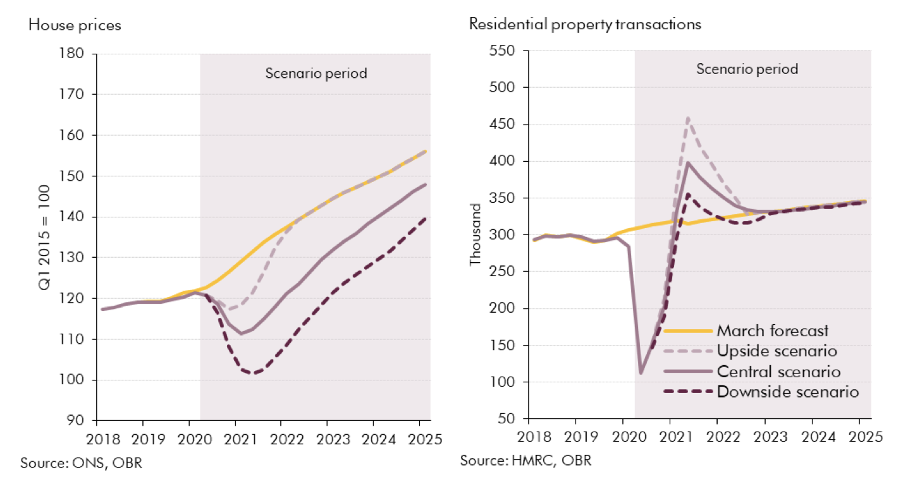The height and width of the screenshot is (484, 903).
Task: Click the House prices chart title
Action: pos(75,26)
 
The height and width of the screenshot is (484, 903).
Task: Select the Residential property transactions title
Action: pos(585,25)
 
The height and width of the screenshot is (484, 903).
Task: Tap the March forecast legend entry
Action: pos(772,330)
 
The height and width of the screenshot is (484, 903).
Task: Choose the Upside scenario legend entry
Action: pos(777,351)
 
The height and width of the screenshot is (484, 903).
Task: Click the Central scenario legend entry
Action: pos(778,371)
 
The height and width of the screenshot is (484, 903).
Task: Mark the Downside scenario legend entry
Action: pos(788,392)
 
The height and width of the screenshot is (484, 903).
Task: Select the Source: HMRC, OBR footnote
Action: pos(525,459)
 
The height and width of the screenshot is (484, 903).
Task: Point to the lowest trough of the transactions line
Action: pos(641,373)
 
